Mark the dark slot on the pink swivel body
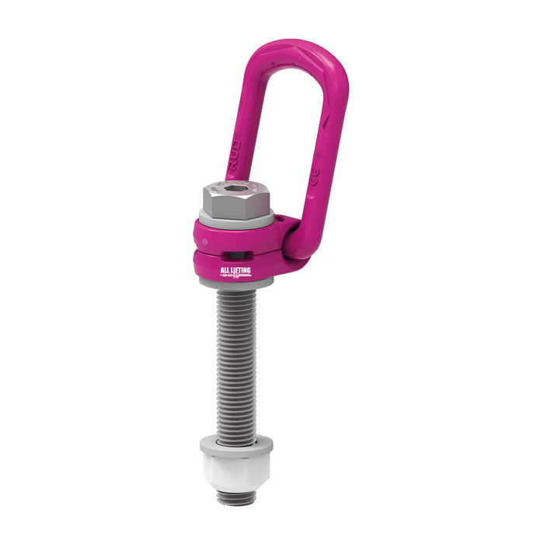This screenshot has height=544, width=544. [x=233, y=254]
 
